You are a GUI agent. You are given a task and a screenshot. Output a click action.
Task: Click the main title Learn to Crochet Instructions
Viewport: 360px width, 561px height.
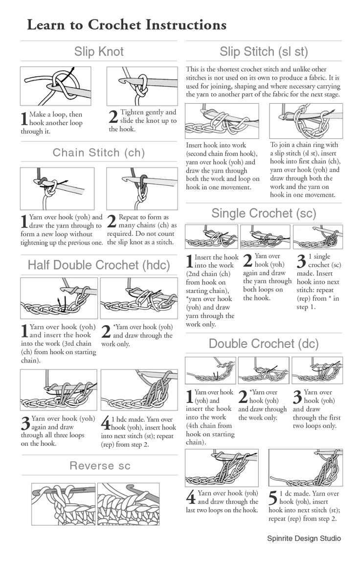[x=126, y=24]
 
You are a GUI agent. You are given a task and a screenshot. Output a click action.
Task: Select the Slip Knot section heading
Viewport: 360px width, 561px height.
[x=99, y=52]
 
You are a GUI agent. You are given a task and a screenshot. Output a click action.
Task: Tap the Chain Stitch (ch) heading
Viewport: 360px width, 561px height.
[x=99, y=153]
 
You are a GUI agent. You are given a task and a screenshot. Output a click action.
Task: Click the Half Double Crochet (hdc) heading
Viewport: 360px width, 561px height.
[x=99, y=265]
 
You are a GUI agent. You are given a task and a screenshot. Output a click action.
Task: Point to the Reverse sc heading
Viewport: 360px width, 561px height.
[x=100, y=466]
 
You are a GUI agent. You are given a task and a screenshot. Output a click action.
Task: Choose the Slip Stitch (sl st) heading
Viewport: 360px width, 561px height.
[x=264, y=52]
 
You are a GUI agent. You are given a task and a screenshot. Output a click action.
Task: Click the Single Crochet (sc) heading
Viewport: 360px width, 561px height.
[x=264, y=213]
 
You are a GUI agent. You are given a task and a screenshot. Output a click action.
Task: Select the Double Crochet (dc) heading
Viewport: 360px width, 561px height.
[x=264, y=344]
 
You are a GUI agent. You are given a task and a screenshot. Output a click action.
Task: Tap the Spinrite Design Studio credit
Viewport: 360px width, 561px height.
[x=304, y=539]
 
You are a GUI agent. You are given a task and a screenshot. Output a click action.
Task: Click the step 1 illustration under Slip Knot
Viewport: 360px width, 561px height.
[x=55, y=86]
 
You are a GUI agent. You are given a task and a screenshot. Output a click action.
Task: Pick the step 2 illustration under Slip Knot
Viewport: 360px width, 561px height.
[x=142, y=86]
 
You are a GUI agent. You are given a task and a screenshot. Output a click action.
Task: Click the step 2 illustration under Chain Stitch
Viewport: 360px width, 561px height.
[x=142, y=188]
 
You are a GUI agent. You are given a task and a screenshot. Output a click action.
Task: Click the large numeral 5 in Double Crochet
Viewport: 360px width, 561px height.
[x=273, y=498]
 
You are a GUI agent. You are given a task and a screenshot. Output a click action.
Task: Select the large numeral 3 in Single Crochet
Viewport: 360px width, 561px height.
[x=301, y=261]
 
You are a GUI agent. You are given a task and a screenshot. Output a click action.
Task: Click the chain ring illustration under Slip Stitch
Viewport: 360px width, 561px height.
[x=306, y=121]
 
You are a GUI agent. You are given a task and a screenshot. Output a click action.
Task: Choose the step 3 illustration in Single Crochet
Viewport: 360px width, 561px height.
[x=317, y=237]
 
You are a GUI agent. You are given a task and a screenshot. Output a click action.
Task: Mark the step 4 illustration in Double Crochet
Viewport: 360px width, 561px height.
[x=222, y=468]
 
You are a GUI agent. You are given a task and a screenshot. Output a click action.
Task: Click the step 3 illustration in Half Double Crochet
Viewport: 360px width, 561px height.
[x=59, y=390]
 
